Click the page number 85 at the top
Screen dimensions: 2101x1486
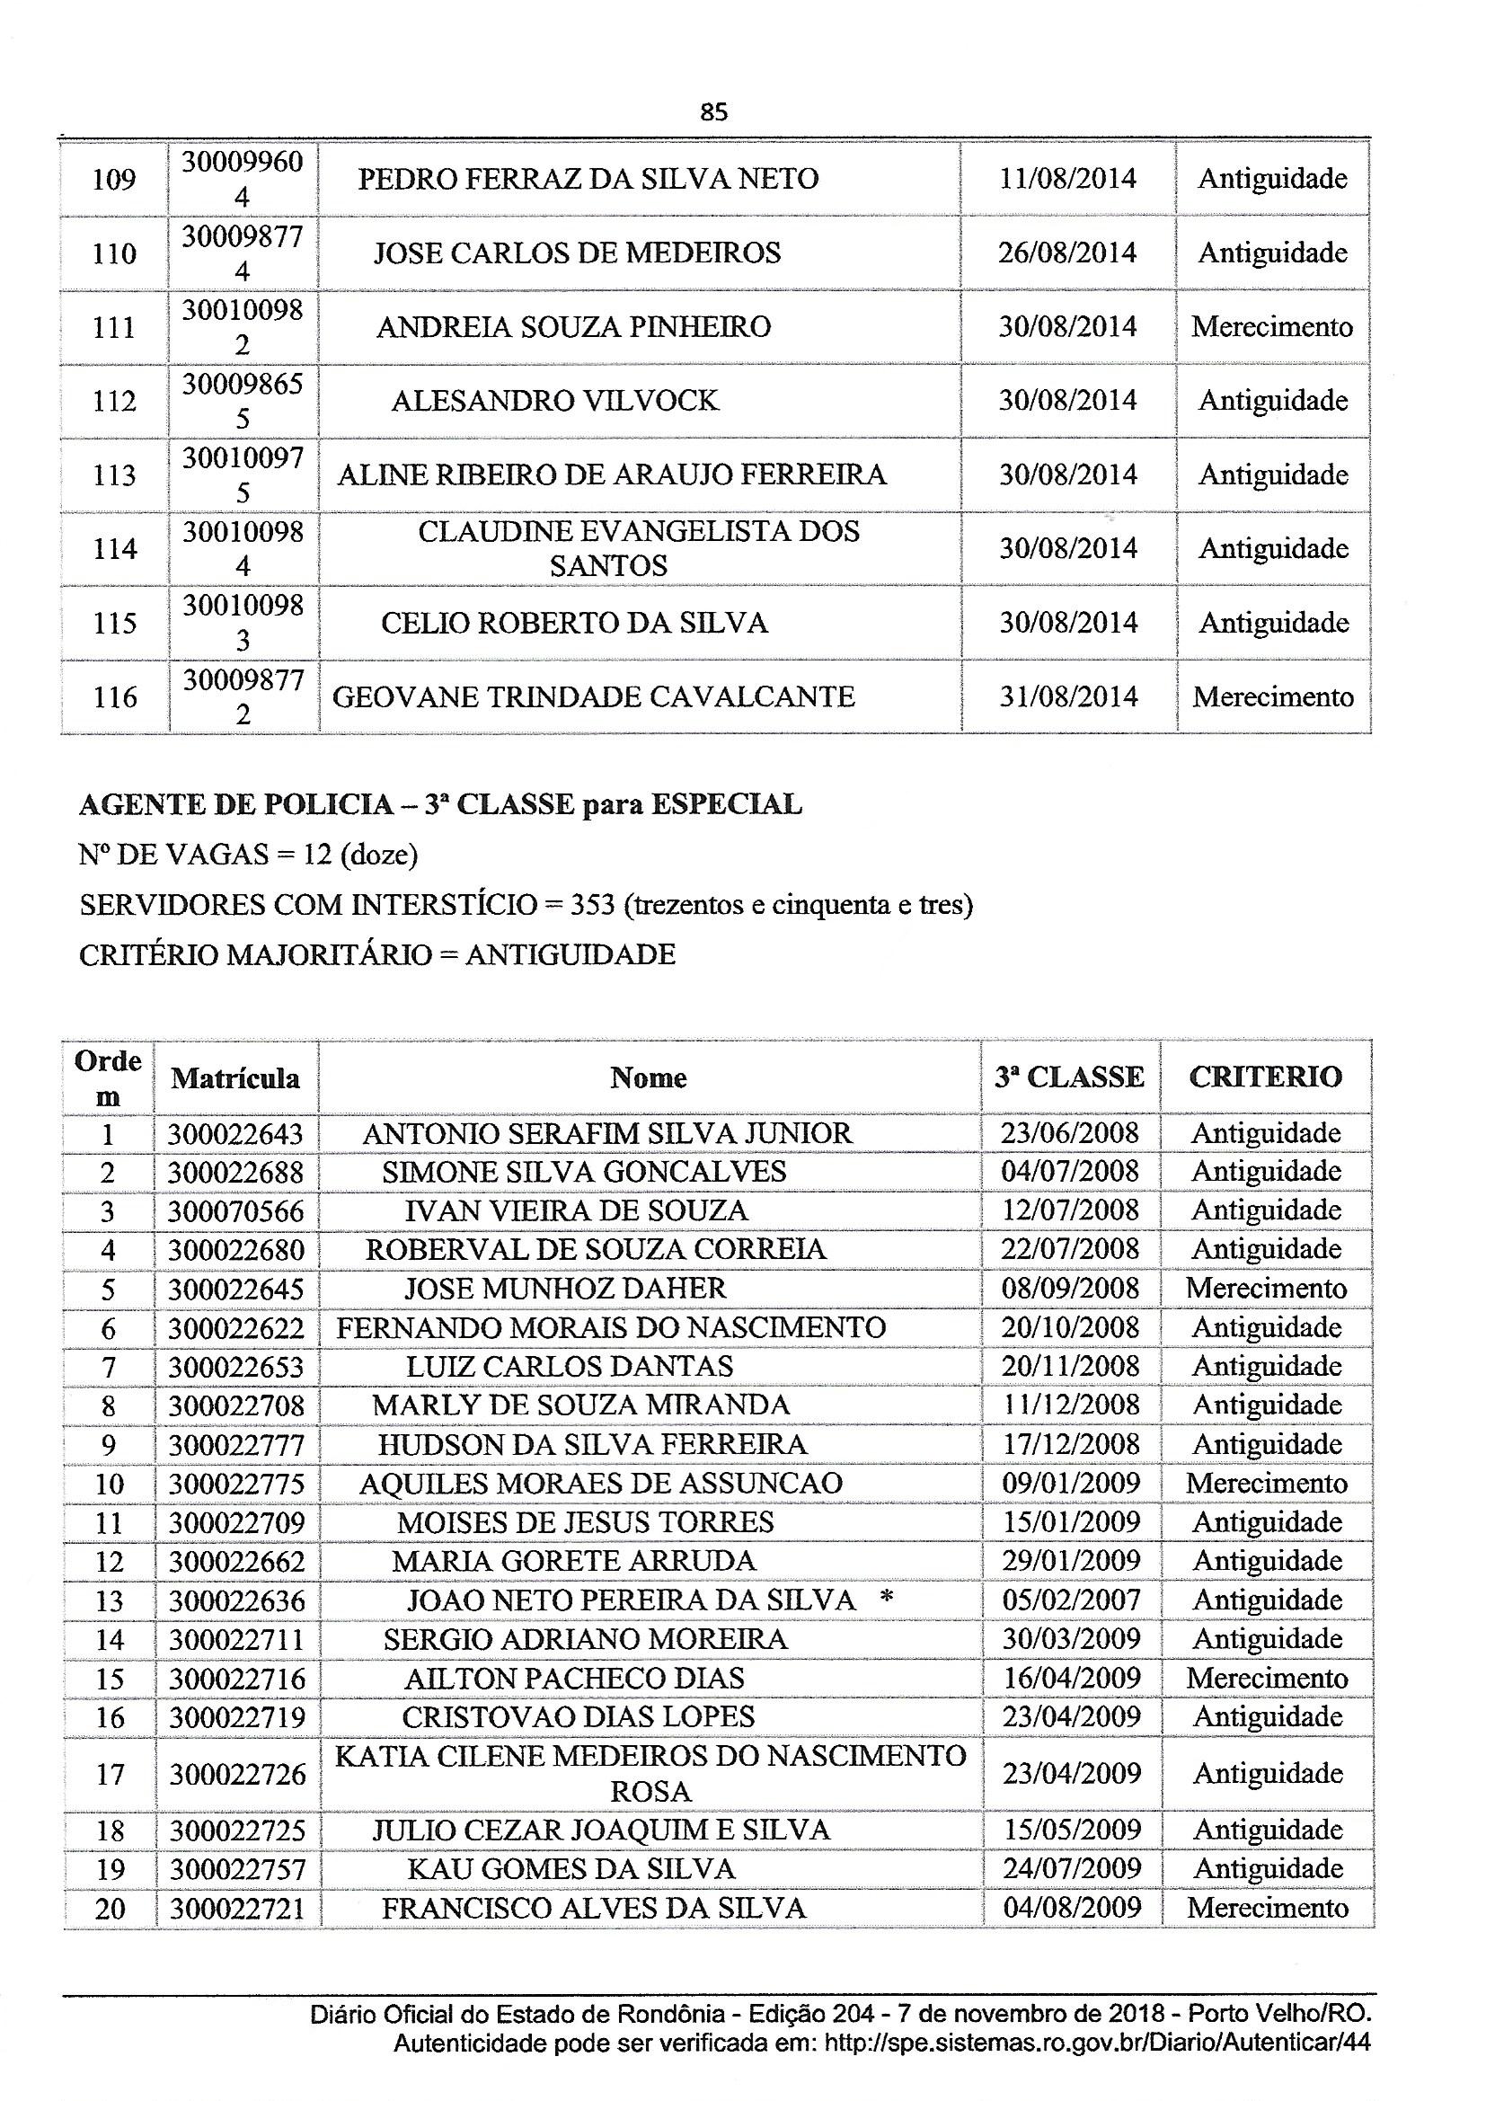(x=712, y=112)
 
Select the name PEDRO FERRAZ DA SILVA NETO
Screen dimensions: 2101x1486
(x=588, y=179)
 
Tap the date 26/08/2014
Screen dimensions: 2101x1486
(x=1067, y=253)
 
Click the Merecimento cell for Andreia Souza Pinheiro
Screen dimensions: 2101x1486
(x=1272, y=327)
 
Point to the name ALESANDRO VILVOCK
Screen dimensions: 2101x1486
(x=554, y=401)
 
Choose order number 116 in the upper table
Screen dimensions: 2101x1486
(x=114, y=698)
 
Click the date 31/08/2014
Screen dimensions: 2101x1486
(x=1067, y=697)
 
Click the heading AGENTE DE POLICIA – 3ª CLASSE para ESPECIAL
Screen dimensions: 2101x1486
(x=440, y=804)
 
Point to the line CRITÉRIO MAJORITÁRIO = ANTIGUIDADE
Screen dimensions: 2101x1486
(x=377, y=955)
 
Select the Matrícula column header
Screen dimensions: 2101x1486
(x=235, y=1078)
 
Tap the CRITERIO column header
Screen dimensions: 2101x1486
(x=1266, y=1077)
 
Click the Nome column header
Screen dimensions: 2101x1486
(x=648, y=1078)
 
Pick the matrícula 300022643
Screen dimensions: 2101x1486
(x=235, y=1135)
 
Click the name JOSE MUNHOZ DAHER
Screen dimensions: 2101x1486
(x=564, y=1289)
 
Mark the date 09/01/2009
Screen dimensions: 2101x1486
(x=1071, y=1484)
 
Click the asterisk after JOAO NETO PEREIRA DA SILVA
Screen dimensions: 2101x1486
(x=885, y=1600)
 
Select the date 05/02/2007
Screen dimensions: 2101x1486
(x=1071, y=1600)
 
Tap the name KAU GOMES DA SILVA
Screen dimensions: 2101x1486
(x=571, y=1869)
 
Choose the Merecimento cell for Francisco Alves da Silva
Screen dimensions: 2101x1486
(x=1268, y=1909)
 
